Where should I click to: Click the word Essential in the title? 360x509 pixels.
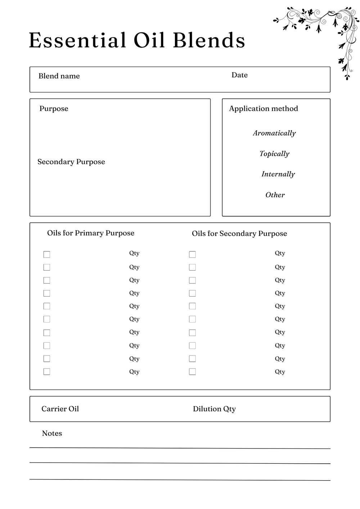(x=77, y=40)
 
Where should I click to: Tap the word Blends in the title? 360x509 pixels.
(x=209, y=40)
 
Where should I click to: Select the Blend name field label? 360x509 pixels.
(x=59, y=76)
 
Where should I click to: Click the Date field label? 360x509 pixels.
(x=239, y=75)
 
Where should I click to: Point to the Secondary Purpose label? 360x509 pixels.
(x=71, y=162)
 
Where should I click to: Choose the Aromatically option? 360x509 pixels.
(x=274, y=133)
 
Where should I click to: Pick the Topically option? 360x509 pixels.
(x=274, y=154)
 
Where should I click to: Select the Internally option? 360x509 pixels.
(x=278, y=174)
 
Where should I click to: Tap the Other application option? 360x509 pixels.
(x=275, y=195)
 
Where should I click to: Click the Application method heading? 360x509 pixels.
(x=264, y=108)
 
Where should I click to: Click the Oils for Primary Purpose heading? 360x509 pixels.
(x=91, y=233)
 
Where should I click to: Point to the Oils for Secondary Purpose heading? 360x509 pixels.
(x=239, y=233)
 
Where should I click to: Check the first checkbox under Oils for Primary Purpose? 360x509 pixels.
(x=47, y=254)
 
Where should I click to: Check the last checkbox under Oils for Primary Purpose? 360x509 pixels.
(x=47, y=371)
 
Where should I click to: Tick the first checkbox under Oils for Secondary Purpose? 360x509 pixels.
(x=193, y=254)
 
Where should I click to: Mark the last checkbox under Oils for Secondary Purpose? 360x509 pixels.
(x=193, y=371)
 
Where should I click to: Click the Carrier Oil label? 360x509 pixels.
(x=60, y=409)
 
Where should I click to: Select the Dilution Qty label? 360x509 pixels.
(x=214, y=409)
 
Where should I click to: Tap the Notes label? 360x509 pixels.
(x=52, y=433)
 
